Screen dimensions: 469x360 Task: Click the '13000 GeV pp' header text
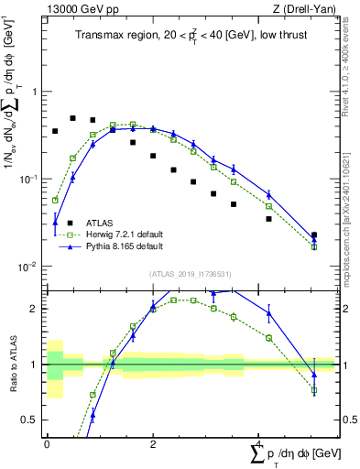(79, 9)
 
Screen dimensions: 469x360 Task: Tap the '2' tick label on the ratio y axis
(34, 309)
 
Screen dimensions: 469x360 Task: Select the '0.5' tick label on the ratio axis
(29, 420)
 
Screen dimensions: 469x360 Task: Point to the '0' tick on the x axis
(47, 443)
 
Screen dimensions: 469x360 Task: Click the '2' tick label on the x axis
(153, 443)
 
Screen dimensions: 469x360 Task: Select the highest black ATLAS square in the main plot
(73, 118)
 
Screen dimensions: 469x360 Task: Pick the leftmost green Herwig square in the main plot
(55, 200)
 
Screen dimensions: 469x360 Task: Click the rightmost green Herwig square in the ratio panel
(314, 390)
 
